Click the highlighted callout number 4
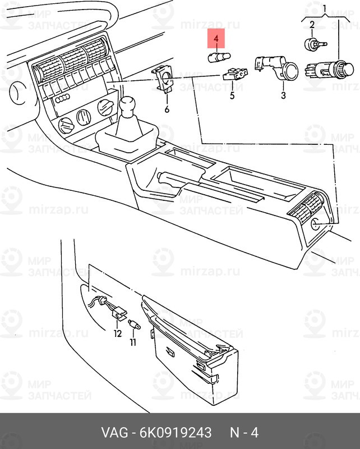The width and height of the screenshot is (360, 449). pyautogui.click(x=216, y=38)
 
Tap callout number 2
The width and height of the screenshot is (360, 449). pyautogui.click(x=312, y=24)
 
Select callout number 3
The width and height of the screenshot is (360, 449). pyautogui.click(x=283, y=95)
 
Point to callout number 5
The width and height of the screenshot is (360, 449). pyautogui.click(x=232, y=95)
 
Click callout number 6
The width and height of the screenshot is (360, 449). pyautogui.click(x=167, y=109)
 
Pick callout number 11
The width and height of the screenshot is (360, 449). pyautogui.click(x=133, y=342)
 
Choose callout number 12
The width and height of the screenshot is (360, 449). pyautogui.click(x=118, y=333)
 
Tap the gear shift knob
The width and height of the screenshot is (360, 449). pyautogui.click(x=128, y=104)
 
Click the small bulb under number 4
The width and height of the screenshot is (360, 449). pyautogui.click(x=219, y=57)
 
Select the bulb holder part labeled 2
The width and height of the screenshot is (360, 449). pyautogui.click(x=315, y=44)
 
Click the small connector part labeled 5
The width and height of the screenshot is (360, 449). pyautogui.click(x=235, y=74)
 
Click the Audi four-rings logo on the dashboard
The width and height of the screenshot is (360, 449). pyautogui.click(x=63, y=98)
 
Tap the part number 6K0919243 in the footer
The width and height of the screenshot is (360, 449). pyautogui.click(x=176, y=432)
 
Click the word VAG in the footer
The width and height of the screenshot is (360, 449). pyautogui.click(x=114, y=432)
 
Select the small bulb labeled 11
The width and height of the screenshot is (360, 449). pyautogui.click(x=134, y=324)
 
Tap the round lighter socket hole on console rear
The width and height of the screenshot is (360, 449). pyautogui.click(x=316, y=223)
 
